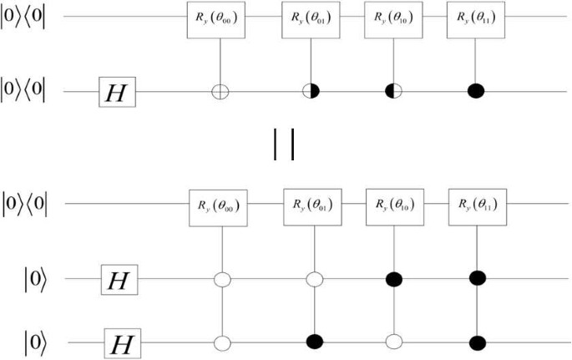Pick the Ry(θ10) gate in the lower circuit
pyautogui.click(x=392, y=203)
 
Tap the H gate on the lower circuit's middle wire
pyautogui.click(x=119, y=278)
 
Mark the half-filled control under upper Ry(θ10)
pyautogui.click(x=389, y=89)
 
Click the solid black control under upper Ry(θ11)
pyautogui.click(x=474, y=89)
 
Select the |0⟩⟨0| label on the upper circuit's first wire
pyautogui.click(x=30, y=18)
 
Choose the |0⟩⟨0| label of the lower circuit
pyautogui.click(x=30, y=202)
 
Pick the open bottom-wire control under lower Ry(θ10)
pyautogui.click(x=392, y=342)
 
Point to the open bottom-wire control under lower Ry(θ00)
pyautogui.click(x=223, y=342)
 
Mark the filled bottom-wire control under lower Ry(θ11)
pyautogui.click(x=477, y=342)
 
